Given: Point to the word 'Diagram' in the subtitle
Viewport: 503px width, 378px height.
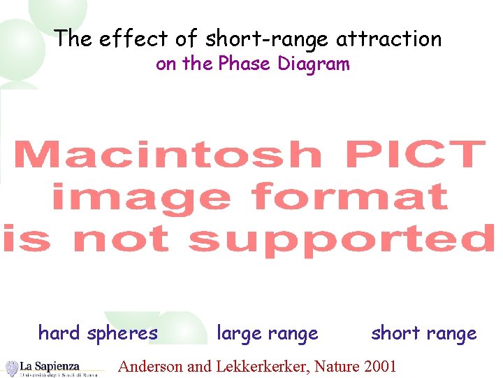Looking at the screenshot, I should point(314,64).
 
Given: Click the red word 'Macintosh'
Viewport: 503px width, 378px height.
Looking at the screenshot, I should point(168,155).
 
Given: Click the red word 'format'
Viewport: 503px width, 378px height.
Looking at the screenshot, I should point(349,197).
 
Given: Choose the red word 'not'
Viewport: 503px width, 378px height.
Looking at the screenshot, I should point(120,240).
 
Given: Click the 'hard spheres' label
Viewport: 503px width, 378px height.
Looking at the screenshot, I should point(98,333).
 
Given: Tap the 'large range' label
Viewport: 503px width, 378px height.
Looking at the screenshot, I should point(268,334).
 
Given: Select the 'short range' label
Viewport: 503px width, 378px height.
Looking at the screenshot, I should point(423,333).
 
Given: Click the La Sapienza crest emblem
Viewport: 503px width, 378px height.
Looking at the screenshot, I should point(12,368).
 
